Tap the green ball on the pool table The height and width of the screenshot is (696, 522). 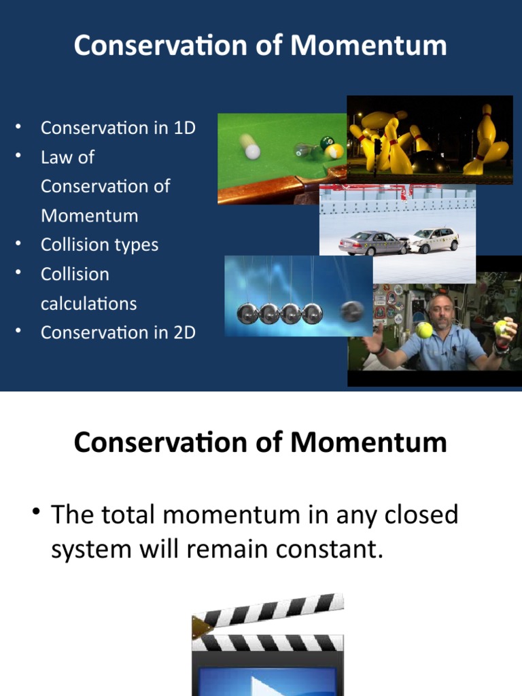click(x=327, y=143)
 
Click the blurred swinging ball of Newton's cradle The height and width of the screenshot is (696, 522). click(x=352, y=311)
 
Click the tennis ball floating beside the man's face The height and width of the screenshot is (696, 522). click(x=425, y=330)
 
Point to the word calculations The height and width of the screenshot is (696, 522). click(x=88, y=303)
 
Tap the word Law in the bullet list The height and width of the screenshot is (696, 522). click(x=58, y=157)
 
